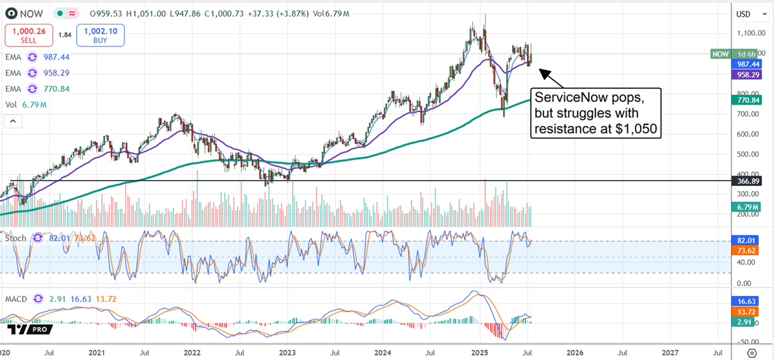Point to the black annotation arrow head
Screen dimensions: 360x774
click(x=541, y=72)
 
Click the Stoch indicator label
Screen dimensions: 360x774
click(x=16, y=238)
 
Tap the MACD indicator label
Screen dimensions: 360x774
click(x=17, y=299)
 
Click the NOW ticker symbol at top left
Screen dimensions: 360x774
click(x=30, y=13)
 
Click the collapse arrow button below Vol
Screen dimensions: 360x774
click(x=14, y=121)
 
